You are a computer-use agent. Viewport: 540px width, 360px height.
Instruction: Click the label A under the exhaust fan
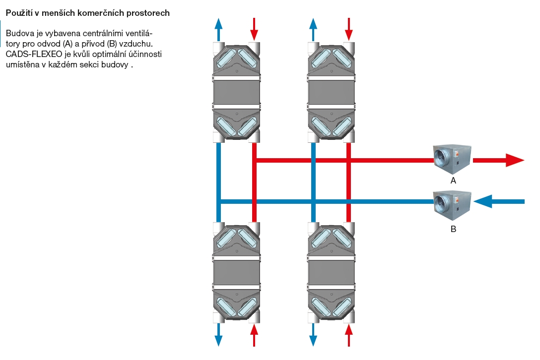tap(453, 181)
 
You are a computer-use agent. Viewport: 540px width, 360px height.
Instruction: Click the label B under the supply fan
tap(453, 229)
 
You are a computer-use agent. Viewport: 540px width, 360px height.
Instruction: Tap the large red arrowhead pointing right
tap(514, 160)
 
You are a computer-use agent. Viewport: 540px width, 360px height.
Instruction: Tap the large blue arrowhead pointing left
tap(483, 201)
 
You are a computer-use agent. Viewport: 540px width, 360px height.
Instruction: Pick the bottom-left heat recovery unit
tap(236, 273)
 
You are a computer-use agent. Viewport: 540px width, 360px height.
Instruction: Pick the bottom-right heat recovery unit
tap(331, 273)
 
